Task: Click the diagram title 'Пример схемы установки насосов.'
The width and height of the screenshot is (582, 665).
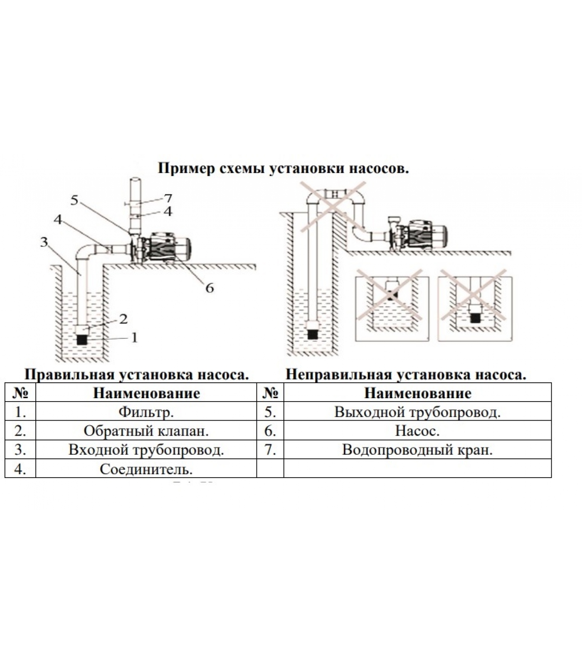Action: click(x=283, y=169)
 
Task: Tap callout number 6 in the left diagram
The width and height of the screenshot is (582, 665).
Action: click(x=210, y=288)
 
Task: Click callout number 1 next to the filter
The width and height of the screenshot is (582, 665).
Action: click(x=134, y=337)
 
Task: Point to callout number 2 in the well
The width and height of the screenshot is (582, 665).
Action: click(x=123, y=319)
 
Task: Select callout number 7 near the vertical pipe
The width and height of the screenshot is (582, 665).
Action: click(x=168, y=198)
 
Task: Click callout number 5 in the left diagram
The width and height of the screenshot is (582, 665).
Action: click(x=74, y=201)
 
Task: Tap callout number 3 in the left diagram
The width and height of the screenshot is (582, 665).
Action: click(x=44, y=242)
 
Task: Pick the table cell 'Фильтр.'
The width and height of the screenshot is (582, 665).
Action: click(x=146, y=412)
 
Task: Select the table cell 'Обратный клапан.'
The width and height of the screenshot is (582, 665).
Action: click(x=146, y=431)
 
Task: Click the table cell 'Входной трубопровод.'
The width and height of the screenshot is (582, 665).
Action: click(x=146, y=450)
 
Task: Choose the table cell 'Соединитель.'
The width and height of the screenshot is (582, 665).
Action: click(x=146, y=469)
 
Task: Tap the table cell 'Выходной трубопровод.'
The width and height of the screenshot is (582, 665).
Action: click(x=417, y=412)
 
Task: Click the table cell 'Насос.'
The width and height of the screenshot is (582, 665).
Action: click(x=417, y=431)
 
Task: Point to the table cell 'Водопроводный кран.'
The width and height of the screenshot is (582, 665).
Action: click(x=417, y=450)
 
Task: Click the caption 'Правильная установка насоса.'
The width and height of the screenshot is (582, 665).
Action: click(x=137, y=374)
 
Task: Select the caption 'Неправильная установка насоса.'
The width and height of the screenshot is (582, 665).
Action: click(x=406, y=374)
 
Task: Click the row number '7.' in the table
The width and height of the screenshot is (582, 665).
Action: click(x=270, y=450)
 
